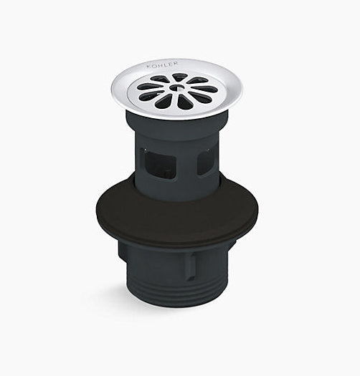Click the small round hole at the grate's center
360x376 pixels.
point(175,89)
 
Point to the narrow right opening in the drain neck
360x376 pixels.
point(205,162)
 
